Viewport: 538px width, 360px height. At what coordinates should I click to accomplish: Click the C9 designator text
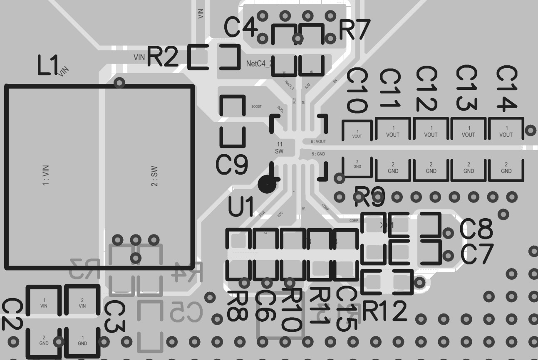coord(232,164)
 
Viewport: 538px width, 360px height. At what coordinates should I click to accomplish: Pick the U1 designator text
coord(241,207)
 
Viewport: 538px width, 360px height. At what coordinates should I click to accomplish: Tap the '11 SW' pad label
coord(279,148)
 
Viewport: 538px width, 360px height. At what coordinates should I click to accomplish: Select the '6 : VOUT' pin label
coord(318,141)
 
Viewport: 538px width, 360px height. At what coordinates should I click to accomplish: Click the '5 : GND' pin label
coord(318,154)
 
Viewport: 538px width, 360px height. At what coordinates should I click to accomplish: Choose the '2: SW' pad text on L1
coord(154,177)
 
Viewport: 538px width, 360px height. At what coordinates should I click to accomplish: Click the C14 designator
coord(507,89)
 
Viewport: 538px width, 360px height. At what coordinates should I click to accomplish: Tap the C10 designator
coord(357,91)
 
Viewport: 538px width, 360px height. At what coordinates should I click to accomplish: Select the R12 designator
coord(384,311)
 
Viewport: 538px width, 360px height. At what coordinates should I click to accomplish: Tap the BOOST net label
coord(257,107)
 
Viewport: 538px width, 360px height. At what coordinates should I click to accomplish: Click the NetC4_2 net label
coord(258,64)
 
